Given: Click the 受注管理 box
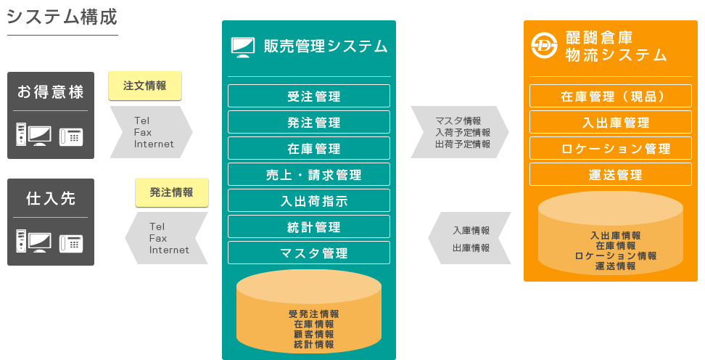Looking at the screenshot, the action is (x=309, y=96).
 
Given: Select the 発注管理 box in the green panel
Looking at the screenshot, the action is (x=309, y=122).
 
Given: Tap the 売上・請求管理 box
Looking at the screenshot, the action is (x=309, y=174).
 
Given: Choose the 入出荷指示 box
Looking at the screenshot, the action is (x=309, y=200).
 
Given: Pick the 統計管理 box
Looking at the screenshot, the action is (x=309, y=226).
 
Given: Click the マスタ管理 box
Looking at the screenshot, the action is (x=309, y=253).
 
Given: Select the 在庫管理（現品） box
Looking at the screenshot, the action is (x=611, y=96).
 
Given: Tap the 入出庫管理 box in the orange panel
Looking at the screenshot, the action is (x=611, y=122).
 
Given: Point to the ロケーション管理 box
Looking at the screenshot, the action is (x=611, y=148).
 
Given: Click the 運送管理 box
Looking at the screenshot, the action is (x=611, y=174).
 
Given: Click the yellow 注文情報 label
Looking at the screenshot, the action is (x=145, y=86).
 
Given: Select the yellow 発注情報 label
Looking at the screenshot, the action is (x=172, y=192).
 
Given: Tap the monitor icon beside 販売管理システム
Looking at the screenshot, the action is (x=243, y=47).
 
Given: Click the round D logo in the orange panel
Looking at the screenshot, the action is (x=544, y=46).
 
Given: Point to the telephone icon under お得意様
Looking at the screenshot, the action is (x=71, y=136).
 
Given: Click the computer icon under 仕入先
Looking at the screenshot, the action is (x=33, y=241).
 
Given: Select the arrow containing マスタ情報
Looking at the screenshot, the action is (x=460, y=132).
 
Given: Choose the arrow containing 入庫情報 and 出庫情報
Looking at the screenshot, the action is (x=469, y=238).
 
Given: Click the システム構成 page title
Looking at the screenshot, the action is (x=62, y=17).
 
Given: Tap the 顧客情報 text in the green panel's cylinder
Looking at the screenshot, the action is (x=314, y=335).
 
